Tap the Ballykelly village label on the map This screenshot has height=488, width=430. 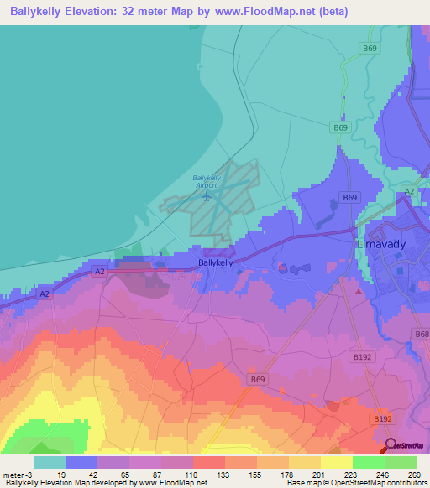click(215, 262)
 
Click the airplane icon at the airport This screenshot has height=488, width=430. click(207, 196)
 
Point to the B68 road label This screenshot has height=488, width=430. click(421, 334)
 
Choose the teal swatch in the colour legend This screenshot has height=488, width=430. click(49, 461)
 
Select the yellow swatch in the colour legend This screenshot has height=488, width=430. click(336, 461)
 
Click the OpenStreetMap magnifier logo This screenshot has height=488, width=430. click(390, 446)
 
